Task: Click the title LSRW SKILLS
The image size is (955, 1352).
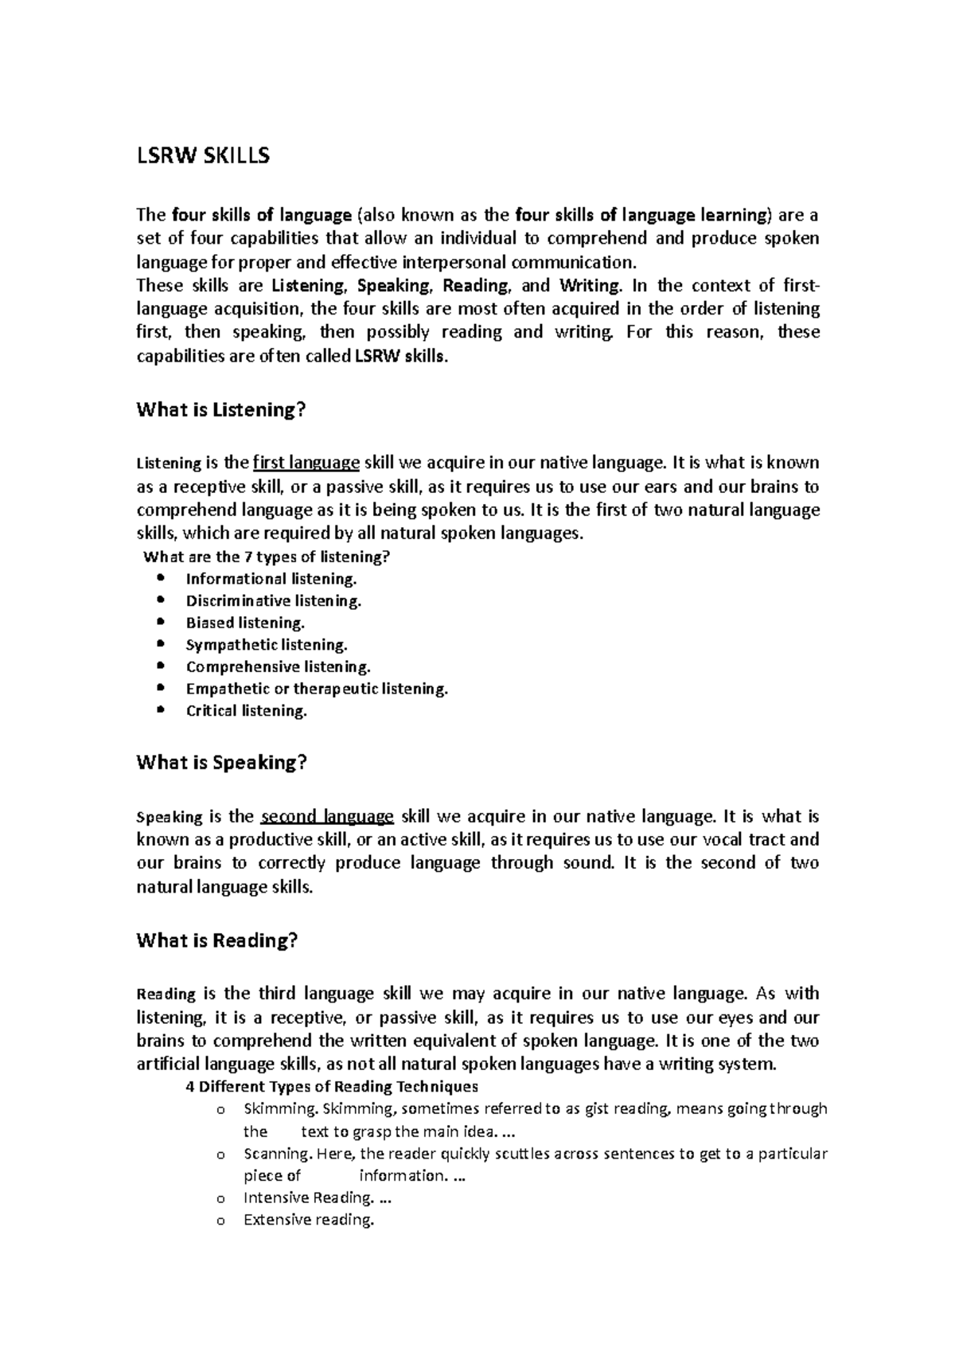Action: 203,156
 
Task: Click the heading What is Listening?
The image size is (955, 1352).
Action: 221,410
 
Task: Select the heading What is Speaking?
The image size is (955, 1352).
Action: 221,763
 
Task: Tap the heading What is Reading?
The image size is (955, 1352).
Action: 216,940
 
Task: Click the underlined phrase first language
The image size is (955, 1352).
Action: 306,463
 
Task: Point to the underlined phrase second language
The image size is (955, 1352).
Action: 327,816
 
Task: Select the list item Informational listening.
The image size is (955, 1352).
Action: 271,579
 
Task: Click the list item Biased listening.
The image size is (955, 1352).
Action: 245,623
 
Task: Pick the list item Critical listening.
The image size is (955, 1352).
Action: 246,711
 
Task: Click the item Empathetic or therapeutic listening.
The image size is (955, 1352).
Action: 317,689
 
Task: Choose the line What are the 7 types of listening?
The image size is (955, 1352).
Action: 266,557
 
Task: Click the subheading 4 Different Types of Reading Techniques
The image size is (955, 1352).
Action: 331,1087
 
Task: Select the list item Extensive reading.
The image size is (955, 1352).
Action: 308,1220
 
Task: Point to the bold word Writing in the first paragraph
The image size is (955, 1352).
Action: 589,286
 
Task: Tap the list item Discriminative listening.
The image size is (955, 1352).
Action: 274,601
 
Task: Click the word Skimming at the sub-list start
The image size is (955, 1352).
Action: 272,1109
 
